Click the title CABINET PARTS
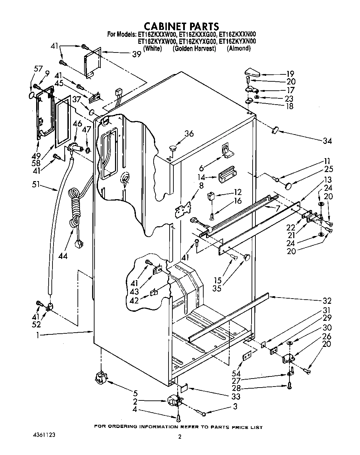(x=181, y=26)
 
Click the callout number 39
(x=137, y=54)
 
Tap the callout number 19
(x=290, y=74)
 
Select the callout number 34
(x=327, y=141)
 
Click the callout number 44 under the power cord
(x=63, y=256)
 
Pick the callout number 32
(x=327, y=301)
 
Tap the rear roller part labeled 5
(x=100, y=377)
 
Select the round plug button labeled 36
(x=173, y=148)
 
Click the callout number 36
(x=189, y=133)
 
